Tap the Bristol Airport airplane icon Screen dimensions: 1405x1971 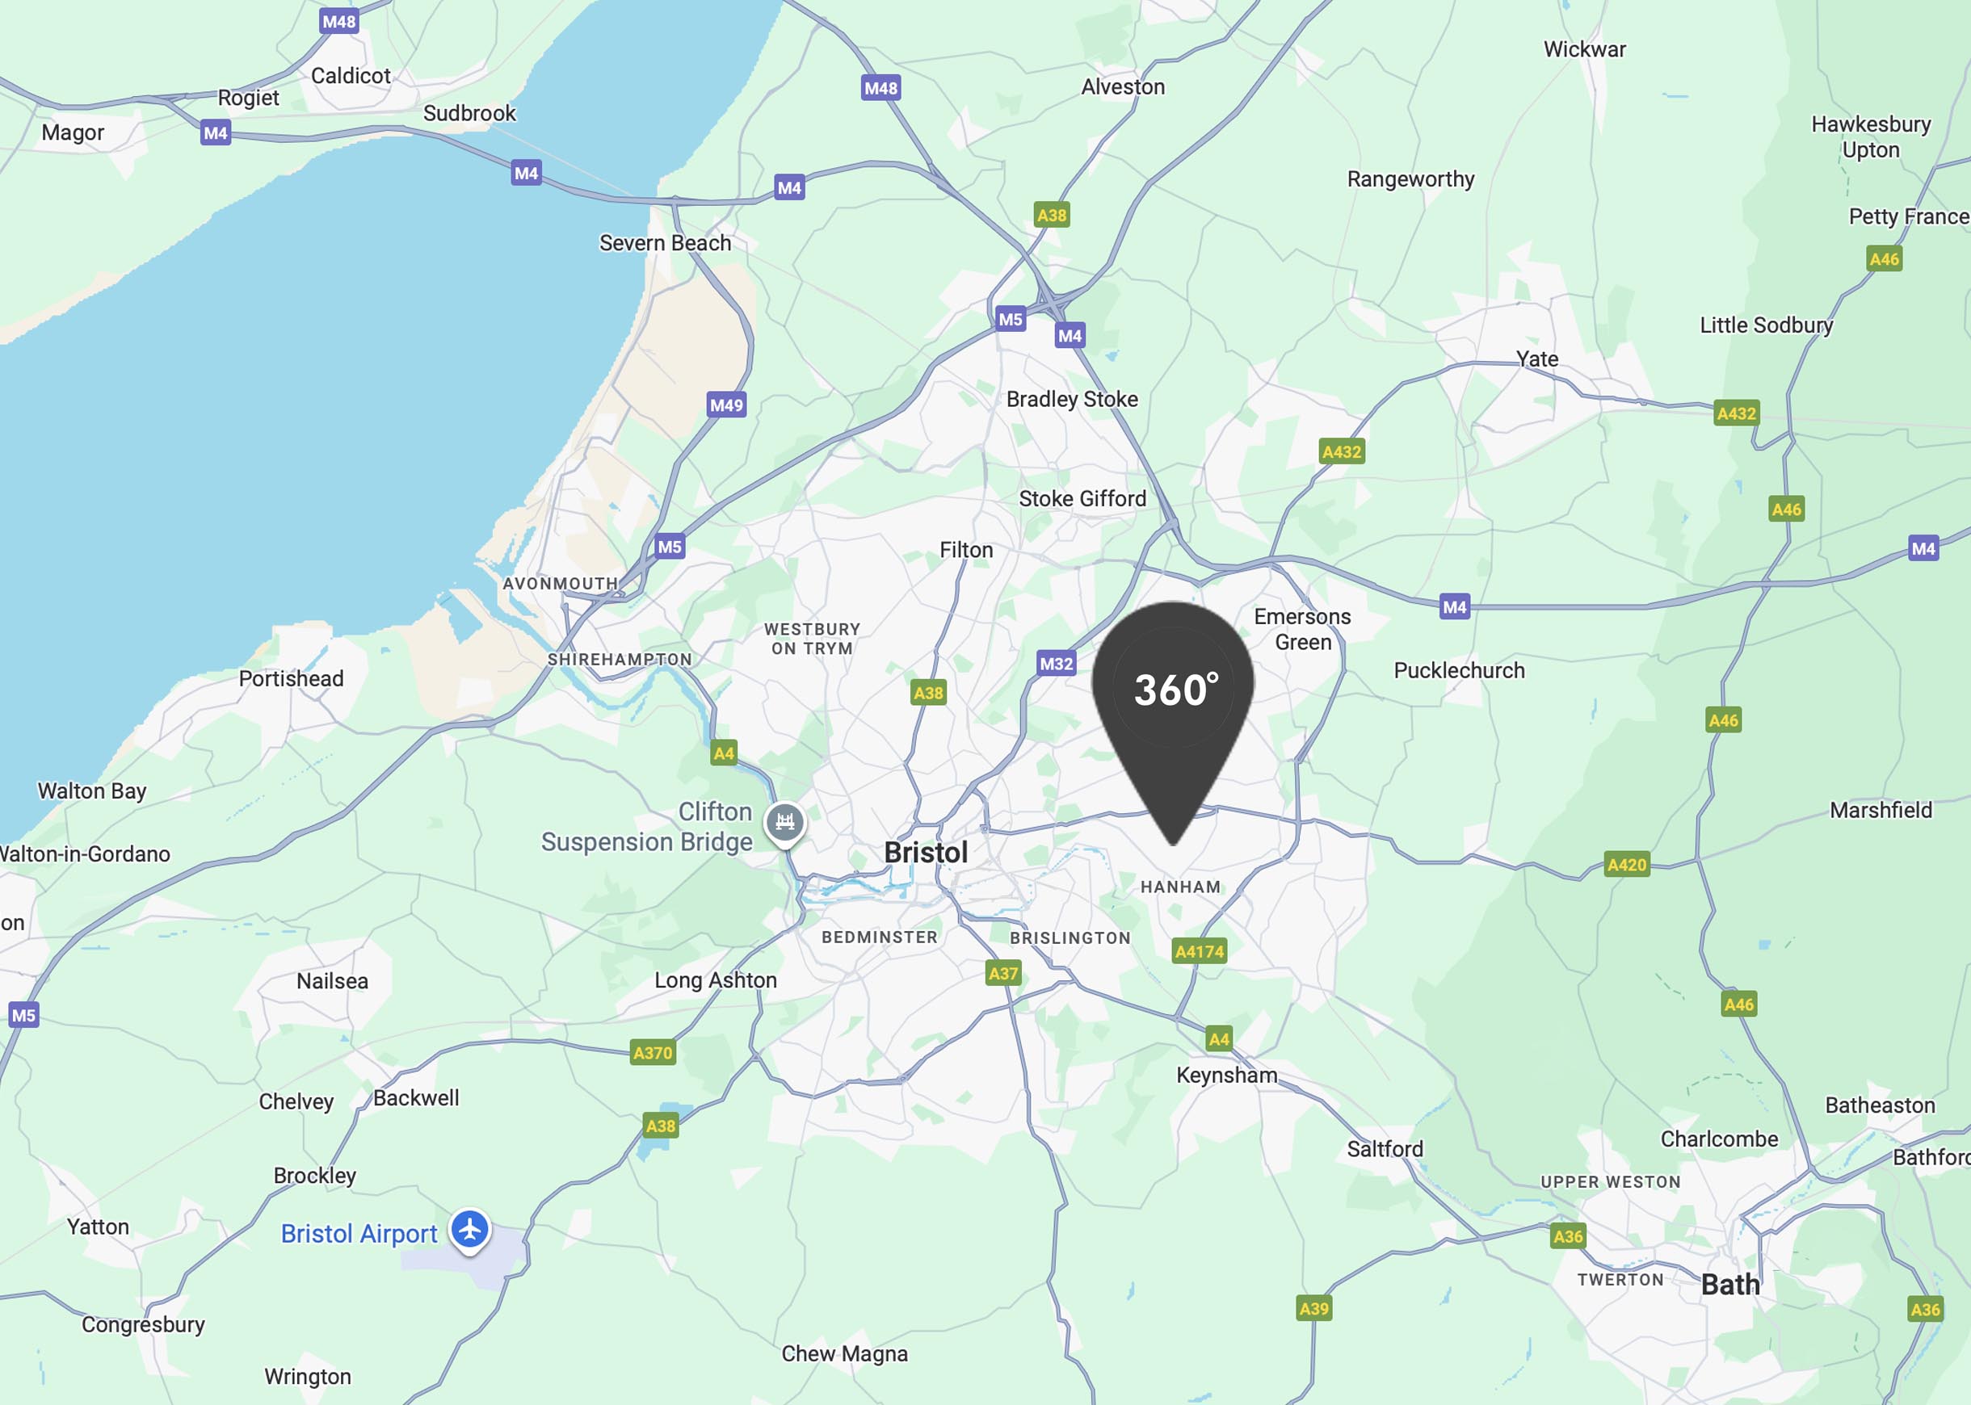[x=470, y=1229]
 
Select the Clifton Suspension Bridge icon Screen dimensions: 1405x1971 [x=785, y=822]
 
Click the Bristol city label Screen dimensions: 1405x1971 [x=926, y=853]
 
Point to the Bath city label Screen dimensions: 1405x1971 [x=1730, y=1285]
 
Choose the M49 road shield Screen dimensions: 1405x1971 [x=726, y=405]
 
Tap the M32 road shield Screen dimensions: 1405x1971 [x=1056, y=664]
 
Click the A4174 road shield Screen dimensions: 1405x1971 [x=1200, y=952]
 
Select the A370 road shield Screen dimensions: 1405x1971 [x=653, y=1053]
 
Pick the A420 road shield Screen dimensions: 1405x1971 [x=1627, y=864]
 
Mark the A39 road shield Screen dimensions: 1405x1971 [x=1313, y=1309]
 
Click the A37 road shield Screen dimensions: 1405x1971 [x=1003, y=973]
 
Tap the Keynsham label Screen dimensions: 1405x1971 [x=1226, y=1076]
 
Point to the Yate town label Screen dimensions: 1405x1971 [x=1536, y=359]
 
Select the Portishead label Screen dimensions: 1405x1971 [x=291, y=678]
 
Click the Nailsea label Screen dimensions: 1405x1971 [x=332, y=981]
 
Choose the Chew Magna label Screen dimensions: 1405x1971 [x=844, y=1354]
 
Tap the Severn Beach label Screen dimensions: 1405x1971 [x=665, y=243]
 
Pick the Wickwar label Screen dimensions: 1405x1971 [x=1584, y=49]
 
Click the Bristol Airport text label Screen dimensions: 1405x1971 [x=359, y=1234]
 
